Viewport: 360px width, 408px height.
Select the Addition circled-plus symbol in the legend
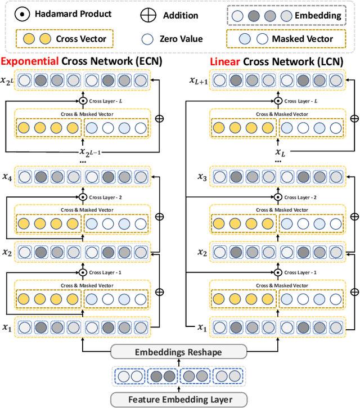click(x=148, y=15)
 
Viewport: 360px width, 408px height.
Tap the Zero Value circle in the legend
click(x=148, y=39)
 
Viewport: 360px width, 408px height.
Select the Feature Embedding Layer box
click(x=179, y=400)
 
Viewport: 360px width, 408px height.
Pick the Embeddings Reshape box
click(x=179, y=352)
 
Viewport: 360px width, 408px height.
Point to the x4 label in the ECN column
click(x=8, y=177)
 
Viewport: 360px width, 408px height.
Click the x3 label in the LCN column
click(x=201, y=177)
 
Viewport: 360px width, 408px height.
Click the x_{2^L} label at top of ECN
click(x=8, y=80)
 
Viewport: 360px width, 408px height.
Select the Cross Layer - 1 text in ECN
click(x=107, y=272)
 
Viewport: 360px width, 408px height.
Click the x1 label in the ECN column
click(x=8, y=327)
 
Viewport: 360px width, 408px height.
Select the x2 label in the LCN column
click(x=201, y=252)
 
